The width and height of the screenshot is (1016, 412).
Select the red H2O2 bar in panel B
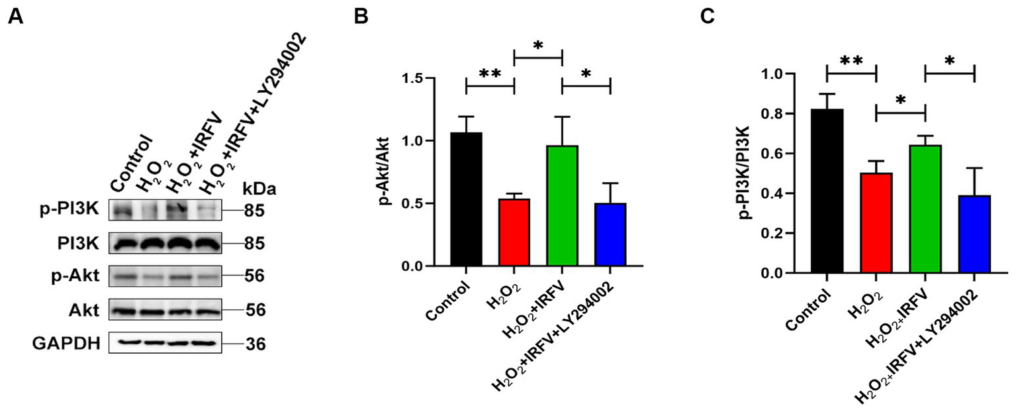514,232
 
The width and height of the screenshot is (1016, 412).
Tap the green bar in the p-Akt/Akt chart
562,206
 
